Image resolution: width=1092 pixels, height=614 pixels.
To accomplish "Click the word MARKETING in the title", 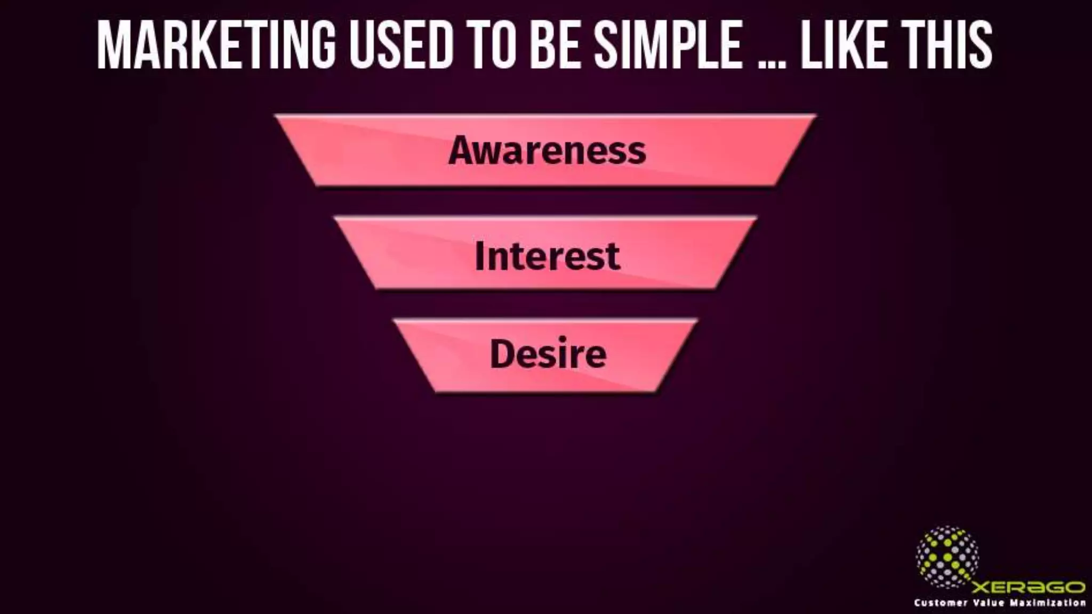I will point(216,45).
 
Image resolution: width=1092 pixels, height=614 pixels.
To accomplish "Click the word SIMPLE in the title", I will point(669,45).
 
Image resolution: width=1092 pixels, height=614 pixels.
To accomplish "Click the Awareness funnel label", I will point(547,150).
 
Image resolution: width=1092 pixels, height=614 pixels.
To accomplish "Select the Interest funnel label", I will point(547,256).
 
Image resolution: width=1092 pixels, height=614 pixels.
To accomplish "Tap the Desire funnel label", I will point(548,354).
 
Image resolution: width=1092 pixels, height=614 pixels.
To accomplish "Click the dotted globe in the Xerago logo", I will point(947,557).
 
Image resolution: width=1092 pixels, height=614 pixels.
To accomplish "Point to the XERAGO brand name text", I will point(1028,587).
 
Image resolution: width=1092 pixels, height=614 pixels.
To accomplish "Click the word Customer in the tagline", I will point(941,603).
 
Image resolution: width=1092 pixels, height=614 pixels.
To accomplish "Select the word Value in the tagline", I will point(989,603).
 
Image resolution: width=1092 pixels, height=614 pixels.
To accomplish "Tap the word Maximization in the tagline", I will point(1048,603).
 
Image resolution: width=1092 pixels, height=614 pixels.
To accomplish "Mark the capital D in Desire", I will point(502,354).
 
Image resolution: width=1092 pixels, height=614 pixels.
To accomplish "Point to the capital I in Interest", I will point(479,256).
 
